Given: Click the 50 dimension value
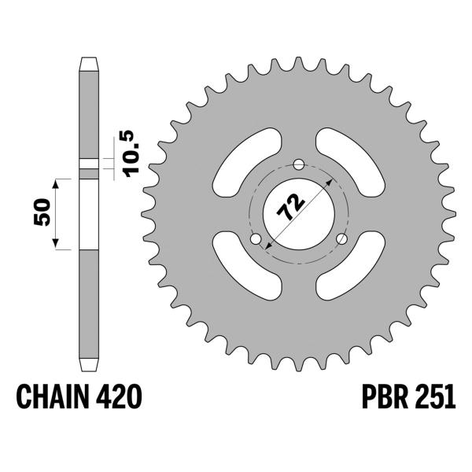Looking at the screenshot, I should (x=43, y=213).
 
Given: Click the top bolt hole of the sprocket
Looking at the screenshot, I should (x=297, y=164).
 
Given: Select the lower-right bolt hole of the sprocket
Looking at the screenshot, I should (x=341, y=240).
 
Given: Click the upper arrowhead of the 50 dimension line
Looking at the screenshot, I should (x=57, y=183).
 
